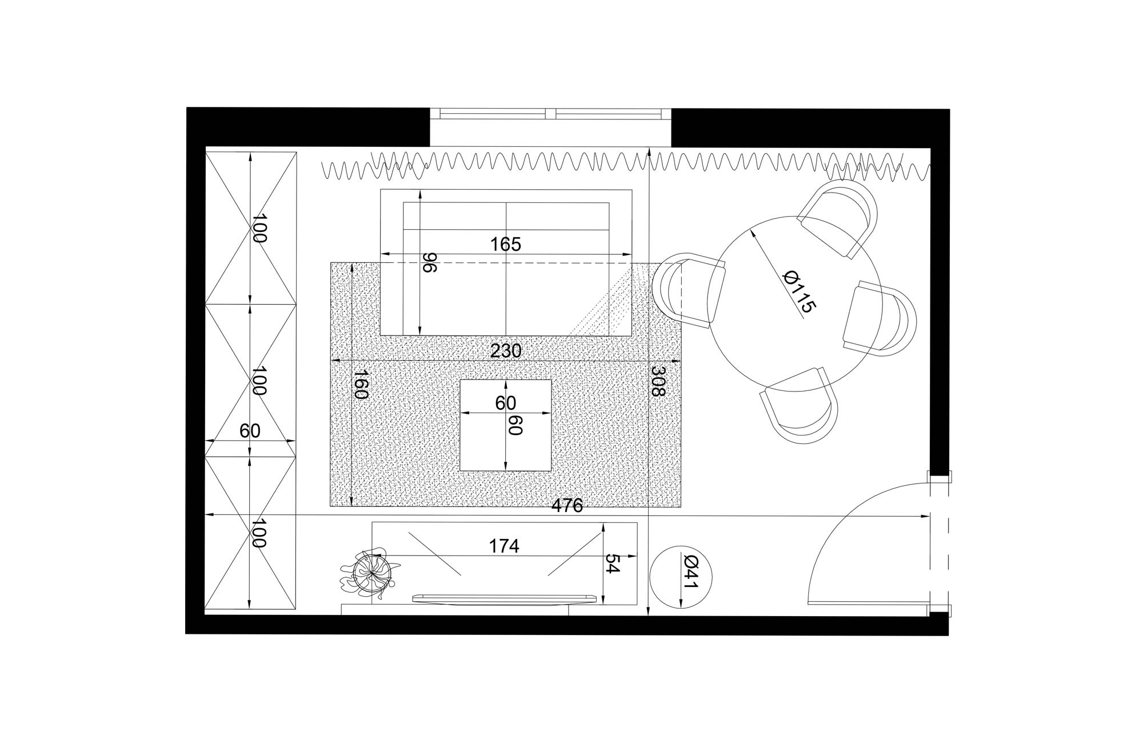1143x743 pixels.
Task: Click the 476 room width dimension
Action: [x=567, y=506]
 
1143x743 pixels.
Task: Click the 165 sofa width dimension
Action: [x=506, y=245]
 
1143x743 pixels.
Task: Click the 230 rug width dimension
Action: [x=506, y=351]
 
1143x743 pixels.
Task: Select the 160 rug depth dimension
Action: [x=361, y=384]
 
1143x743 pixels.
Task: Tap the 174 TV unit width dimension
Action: [x=504, y=546]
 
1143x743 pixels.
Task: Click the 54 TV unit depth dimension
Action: [x=612, y=564]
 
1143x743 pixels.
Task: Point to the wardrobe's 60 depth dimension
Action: [x=250, y=431]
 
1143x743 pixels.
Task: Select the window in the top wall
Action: [x=550, y=114]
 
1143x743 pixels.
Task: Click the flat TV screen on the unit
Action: [x=505, y=598]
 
